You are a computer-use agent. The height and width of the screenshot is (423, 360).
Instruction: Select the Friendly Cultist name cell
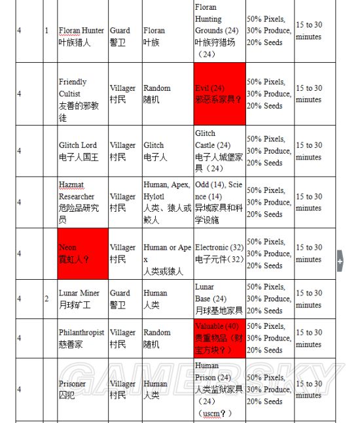pyautogui.click(x=82, y=93)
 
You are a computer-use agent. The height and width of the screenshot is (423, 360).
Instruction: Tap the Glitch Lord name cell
pyautogui.click(x=82, y=151)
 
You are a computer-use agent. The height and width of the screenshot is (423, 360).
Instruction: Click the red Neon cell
pyautogui.click(x=82, y=254)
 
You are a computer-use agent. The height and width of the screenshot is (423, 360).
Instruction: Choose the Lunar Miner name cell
pyautogui.click(x=82, y=299)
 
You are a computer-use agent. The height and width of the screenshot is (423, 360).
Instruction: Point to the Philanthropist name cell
pyautogui.click(x=82, y=338)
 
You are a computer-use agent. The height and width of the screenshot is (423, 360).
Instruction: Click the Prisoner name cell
pyautogui.click(x=82, y=390)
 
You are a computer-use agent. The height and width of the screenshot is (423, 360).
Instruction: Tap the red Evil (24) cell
pyautogui.click(x=219, y=93)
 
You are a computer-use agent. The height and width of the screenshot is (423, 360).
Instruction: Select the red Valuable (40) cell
pyautogui.click(x=219, y=338)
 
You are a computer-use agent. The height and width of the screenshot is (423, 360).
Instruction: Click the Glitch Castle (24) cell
pyautogui.click(x=219, y=151)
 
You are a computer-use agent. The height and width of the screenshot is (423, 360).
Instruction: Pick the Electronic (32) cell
pyautogui.click(x=219, y=254)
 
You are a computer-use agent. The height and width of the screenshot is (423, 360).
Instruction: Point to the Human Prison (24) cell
pyautogui.click(x=219, y=390)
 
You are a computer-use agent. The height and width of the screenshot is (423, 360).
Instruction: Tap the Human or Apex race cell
pyautogui.click(x=167, y=254)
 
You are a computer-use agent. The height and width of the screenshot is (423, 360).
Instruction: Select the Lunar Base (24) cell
pyautogui.click(x=219, y=299)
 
